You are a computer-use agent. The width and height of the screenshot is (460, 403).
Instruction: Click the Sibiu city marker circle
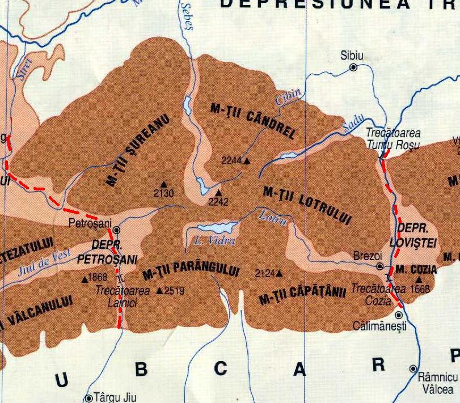coord(353,67)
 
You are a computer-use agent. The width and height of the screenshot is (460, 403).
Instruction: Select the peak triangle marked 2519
coord(159,291)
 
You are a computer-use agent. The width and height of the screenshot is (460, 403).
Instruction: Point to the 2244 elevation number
coord(231,160)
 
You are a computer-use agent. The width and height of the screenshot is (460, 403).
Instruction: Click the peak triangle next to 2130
coord(164,184)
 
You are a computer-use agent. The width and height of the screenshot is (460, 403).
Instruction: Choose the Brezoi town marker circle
coord(380,266)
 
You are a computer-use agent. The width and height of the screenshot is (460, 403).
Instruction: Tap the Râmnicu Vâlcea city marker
coord(413,368)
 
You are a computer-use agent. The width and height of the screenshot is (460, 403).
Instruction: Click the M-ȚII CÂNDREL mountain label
coord(253,121)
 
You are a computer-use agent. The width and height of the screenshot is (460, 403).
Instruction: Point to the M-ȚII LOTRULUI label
coord(307,205)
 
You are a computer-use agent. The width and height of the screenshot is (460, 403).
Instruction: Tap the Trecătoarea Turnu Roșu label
coord(393,139)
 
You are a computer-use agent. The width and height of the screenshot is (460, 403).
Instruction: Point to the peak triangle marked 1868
coord(85,278)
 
